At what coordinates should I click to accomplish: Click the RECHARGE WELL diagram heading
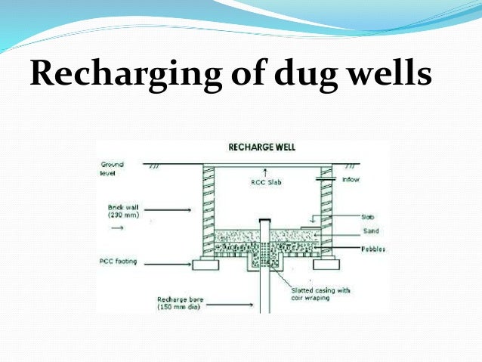(x=261, y=147)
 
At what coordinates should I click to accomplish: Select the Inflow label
(x=351, y=179)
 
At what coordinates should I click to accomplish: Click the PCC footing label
(x=120, y=261)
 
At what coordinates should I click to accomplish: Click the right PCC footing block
(x=326, y=265)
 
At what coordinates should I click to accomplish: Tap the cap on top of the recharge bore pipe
(x=264, y=220)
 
